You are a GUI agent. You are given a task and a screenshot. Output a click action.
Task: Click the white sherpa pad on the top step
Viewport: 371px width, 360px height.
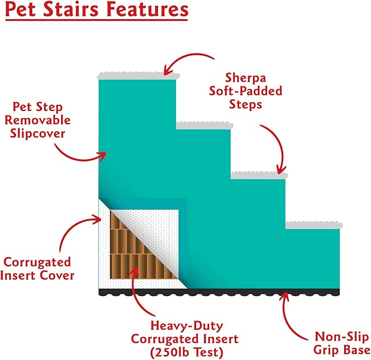click(137, 76)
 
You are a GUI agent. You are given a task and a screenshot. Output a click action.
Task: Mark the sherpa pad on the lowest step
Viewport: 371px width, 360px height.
click(314, 225)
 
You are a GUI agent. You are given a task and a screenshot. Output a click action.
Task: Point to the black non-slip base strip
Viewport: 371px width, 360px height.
click(219, 292)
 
